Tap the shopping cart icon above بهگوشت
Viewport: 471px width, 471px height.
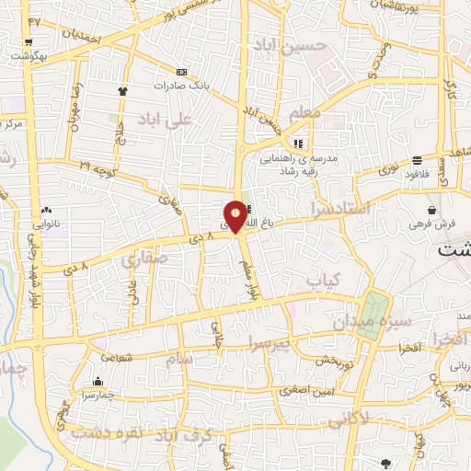(x=30, y=42)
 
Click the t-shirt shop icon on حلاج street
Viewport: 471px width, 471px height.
(x=121, y=91)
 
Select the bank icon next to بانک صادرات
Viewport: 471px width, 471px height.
(x=181, y=73)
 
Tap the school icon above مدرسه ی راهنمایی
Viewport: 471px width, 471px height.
(x=298, y=144)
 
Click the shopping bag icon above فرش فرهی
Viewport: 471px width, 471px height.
(x=431, y=211)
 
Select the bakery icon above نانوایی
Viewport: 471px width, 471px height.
(x=47, y=211)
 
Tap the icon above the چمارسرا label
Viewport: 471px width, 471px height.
(x=98, y=382)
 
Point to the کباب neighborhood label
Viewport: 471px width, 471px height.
(x=323, y=280)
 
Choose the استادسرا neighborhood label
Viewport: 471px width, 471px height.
(x=340, y=209)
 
